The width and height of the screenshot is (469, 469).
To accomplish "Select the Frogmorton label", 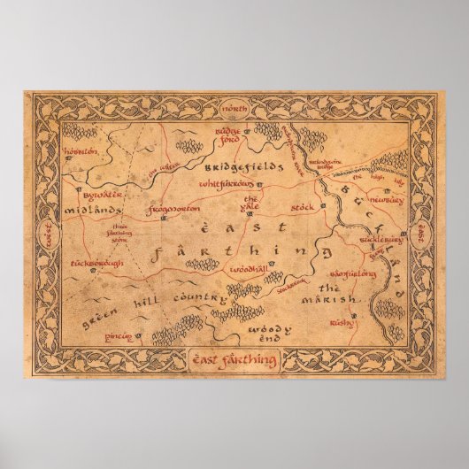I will click(x=172, y=210).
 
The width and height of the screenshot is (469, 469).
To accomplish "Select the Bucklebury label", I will click(x=381, y=239).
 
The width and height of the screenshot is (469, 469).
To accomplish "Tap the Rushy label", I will click(x=339, y=323).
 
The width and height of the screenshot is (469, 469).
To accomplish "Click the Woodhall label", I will click(x=247, y=266).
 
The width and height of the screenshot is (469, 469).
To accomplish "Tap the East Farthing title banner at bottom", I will click(x=234, y=360).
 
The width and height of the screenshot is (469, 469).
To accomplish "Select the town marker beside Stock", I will click(x=324, y=205).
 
